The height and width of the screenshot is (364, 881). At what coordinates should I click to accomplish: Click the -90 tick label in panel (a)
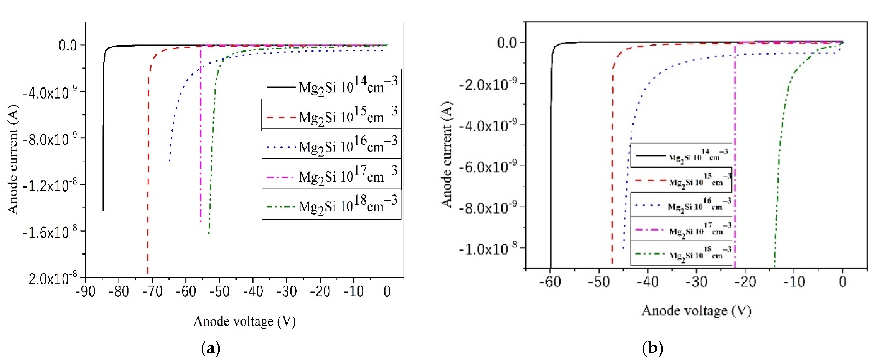86,292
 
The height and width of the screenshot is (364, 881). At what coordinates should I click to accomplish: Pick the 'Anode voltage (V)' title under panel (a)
245,321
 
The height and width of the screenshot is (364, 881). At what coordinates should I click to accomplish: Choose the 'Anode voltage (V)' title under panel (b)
696,311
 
